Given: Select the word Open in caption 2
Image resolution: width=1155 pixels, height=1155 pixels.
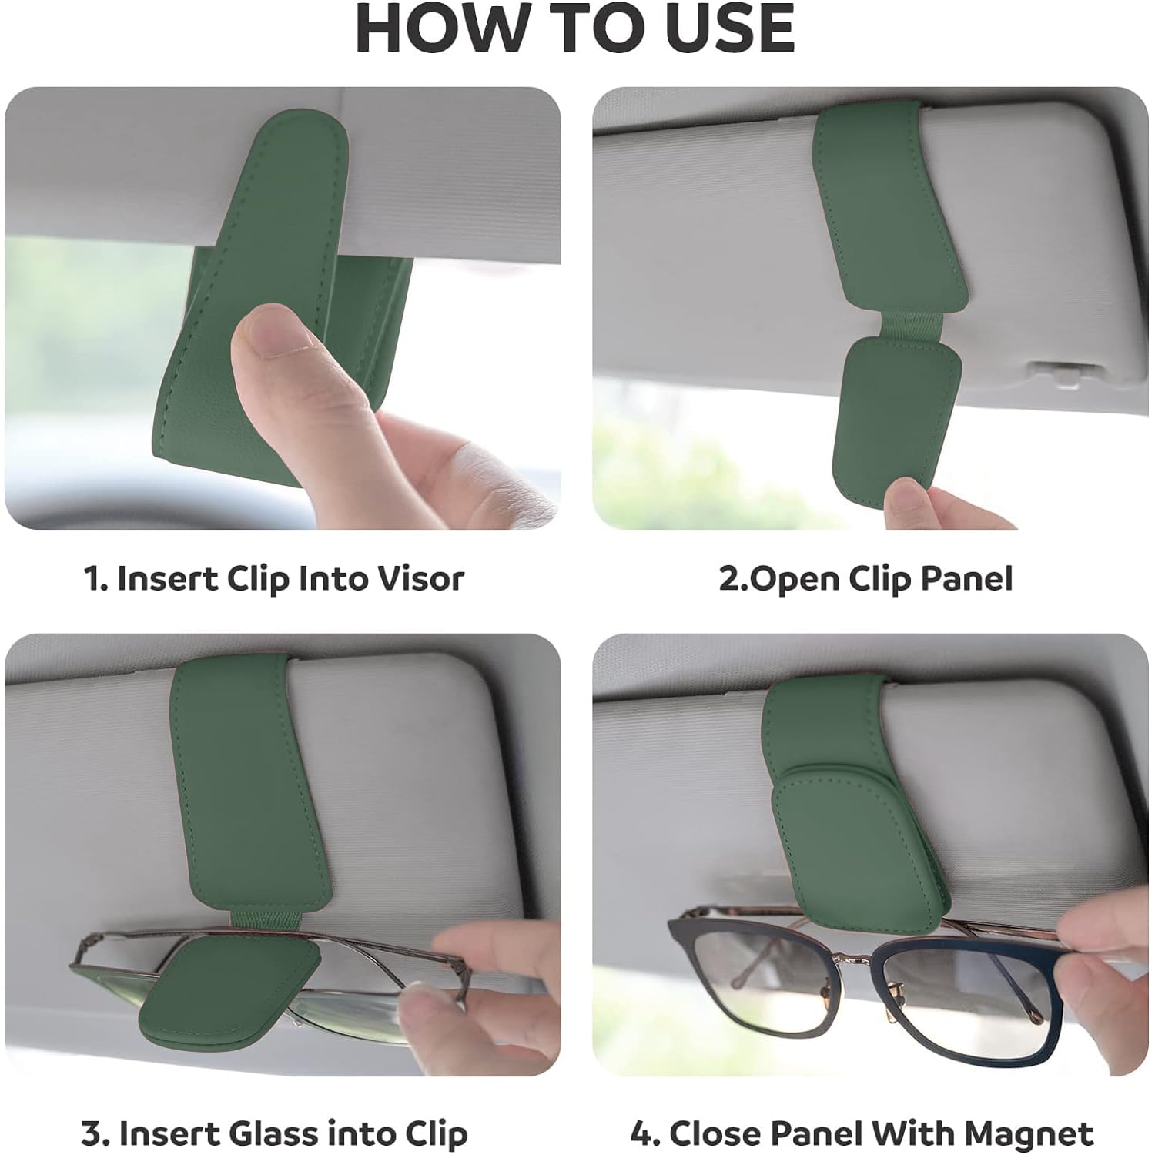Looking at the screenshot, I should click(x=794, y=579).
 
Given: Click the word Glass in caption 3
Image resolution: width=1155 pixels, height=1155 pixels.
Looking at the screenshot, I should click(x=273, y=1133).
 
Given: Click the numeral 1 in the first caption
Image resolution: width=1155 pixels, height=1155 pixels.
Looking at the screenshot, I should click(x=92, y=579).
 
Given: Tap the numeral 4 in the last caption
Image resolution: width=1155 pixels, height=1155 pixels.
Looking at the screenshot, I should click(x=641, y=1133).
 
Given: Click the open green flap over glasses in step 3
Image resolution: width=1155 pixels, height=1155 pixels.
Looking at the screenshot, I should click(x=236, y=994).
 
